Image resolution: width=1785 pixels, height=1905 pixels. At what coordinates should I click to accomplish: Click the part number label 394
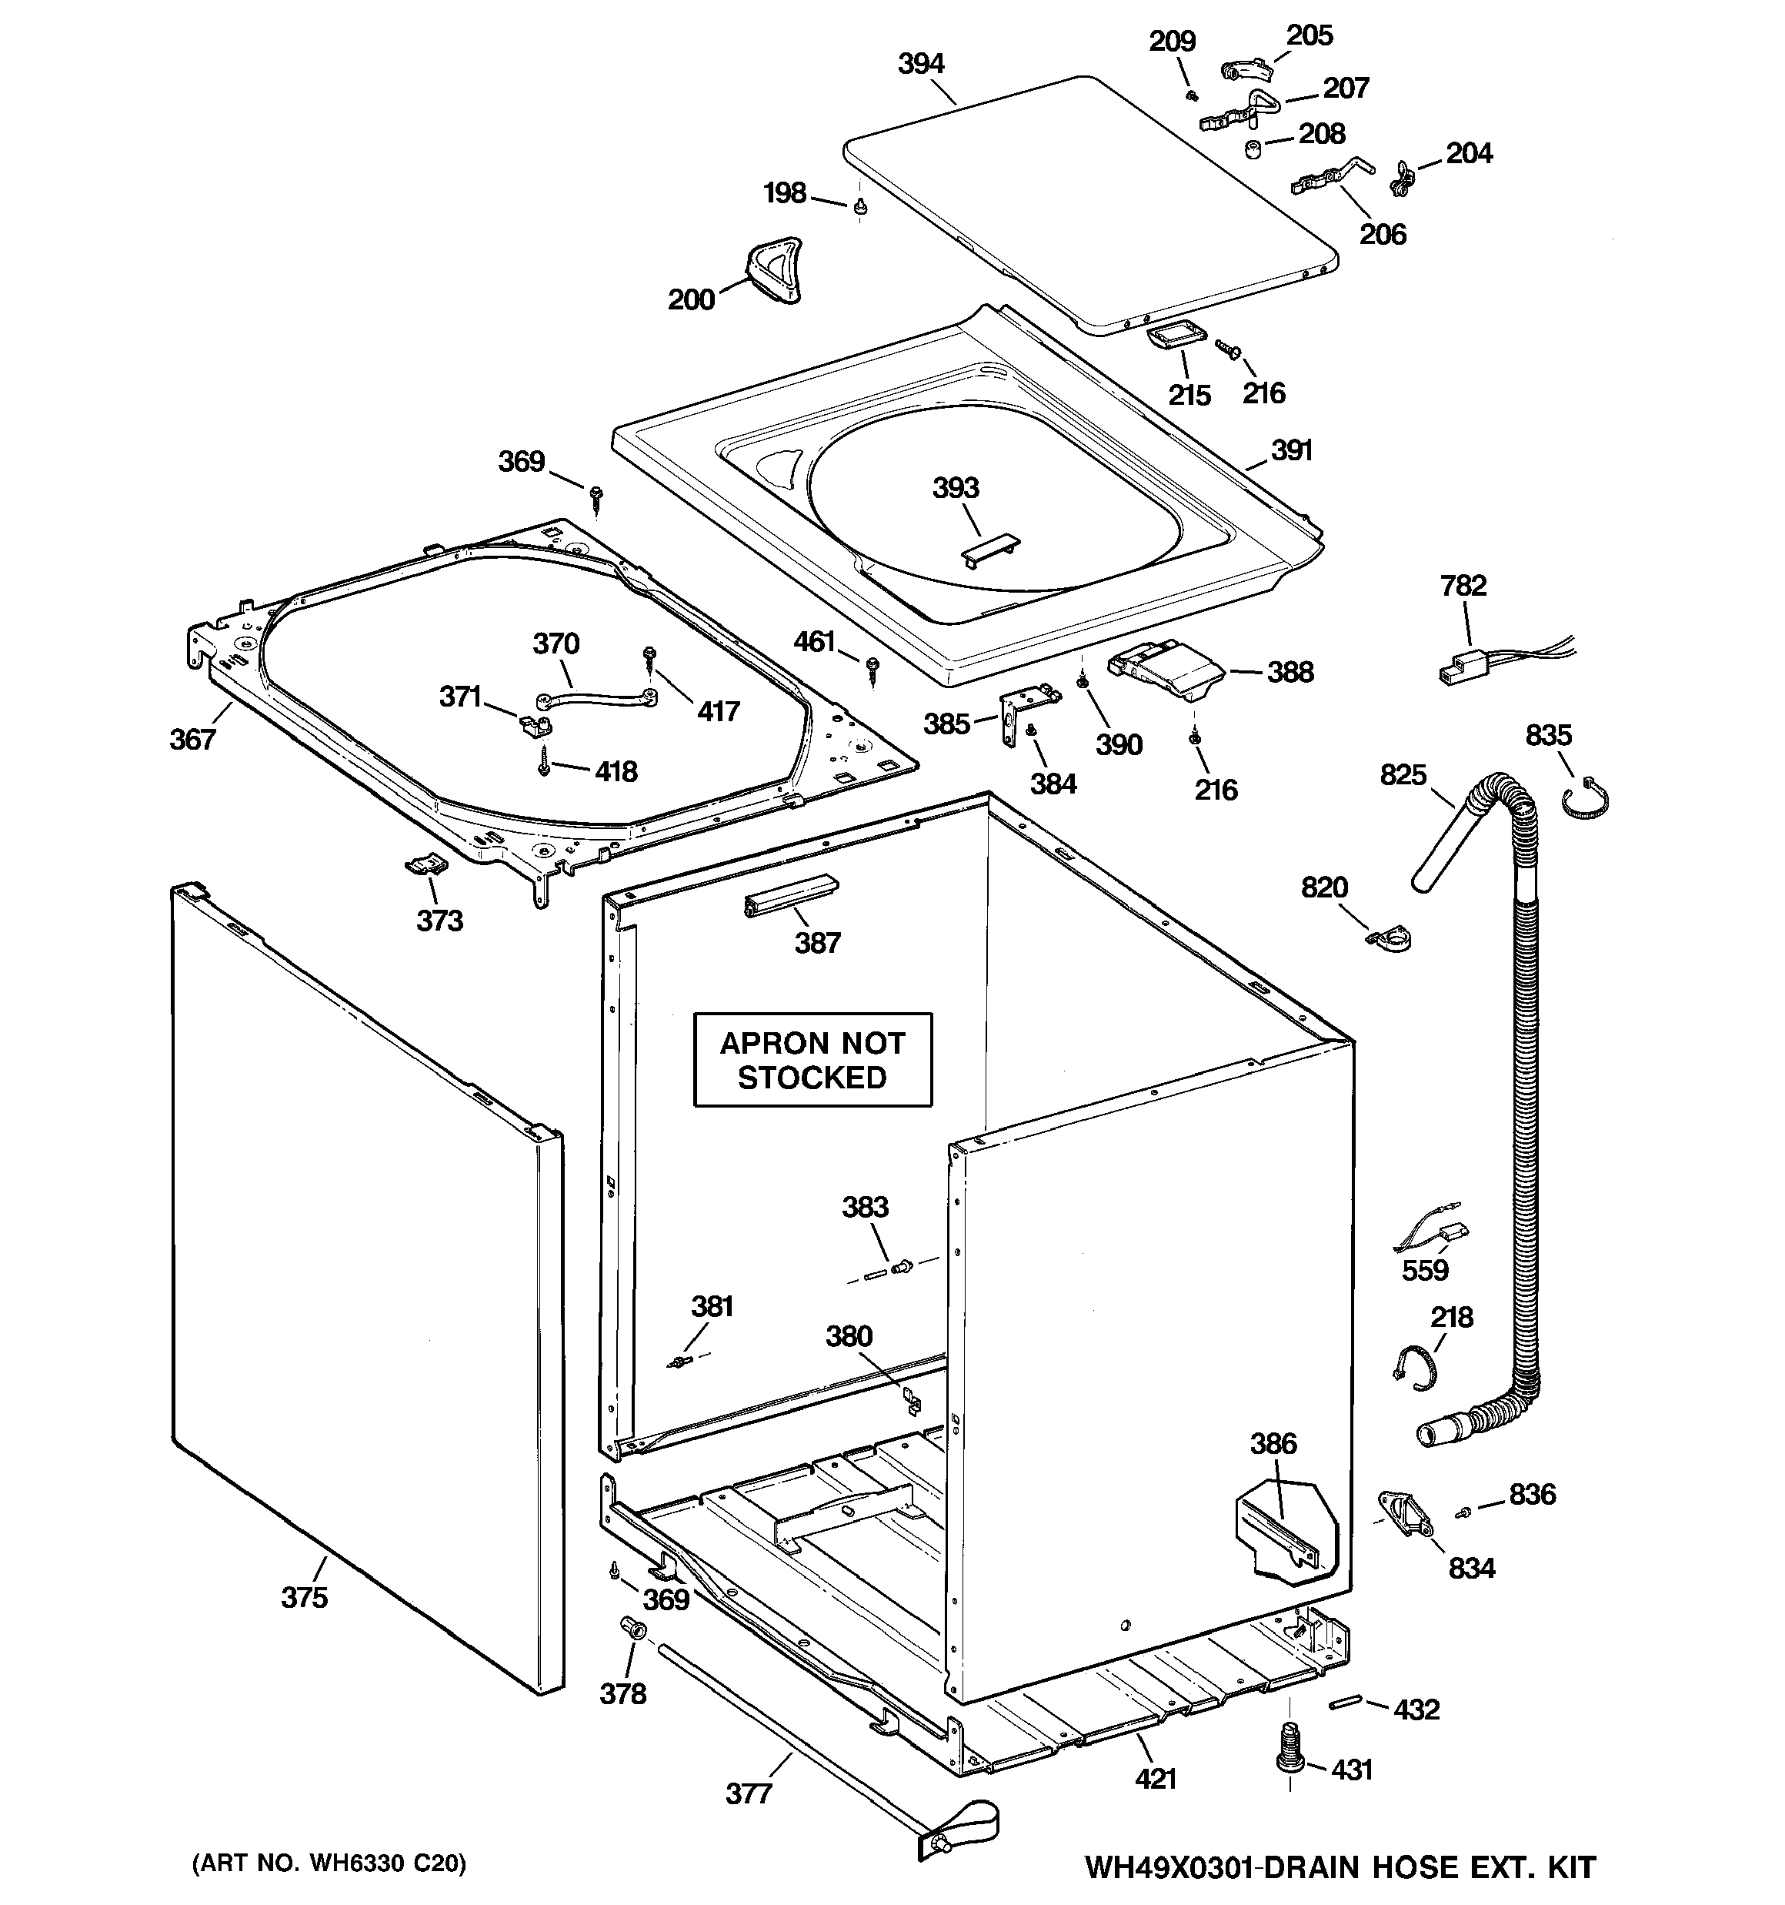pos(921,64)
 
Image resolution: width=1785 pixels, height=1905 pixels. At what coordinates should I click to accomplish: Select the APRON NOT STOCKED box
pos(812,1060)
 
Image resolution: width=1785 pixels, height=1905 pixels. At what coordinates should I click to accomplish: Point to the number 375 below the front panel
pos(304,1597)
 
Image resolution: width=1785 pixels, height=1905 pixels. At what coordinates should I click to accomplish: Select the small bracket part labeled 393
pos(989,552)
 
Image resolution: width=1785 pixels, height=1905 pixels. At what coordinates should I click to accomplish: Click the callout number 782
pos(1463,586)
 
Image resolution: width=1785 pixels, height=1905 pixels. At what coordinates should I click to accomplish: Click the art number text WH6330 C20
pos(329,1863)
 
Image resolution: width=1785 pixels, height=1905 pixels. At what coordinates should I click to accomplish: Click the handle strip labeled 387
pos(789,896)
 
